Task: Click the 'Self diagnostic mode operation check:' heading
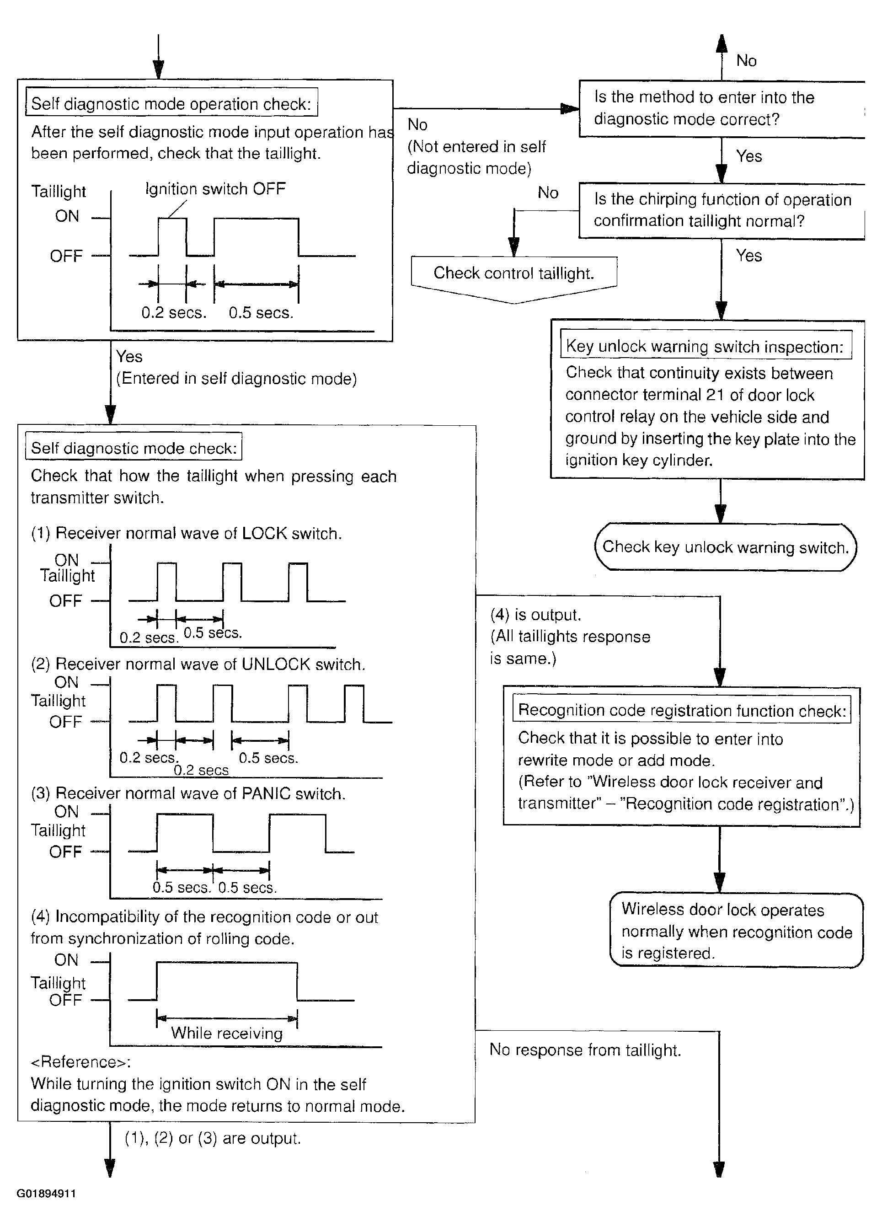(171, 103)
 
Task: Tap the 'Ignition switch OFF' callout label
(215, 189)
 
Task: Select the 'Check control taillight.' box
(514, 273)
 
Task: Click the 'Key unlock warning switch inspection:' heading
(705, 346)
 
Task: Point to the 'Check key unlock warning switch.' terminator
(725, 546)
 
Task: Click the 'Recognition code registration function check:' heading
(682, 710)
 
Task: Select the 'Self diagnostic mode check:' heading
(134, 448)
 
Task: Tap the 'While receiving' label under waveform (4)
(227, 1033)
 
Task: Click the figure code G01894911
(46, 1194)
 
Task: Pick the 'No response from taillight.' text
(585, 1050)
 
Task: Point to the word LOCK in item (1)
(264, 533)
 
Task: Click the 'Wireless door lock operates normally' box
(736, 931)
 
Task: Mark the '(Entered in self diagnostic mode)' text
(236, 379)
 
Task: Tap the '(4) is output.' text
(535, 615)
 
